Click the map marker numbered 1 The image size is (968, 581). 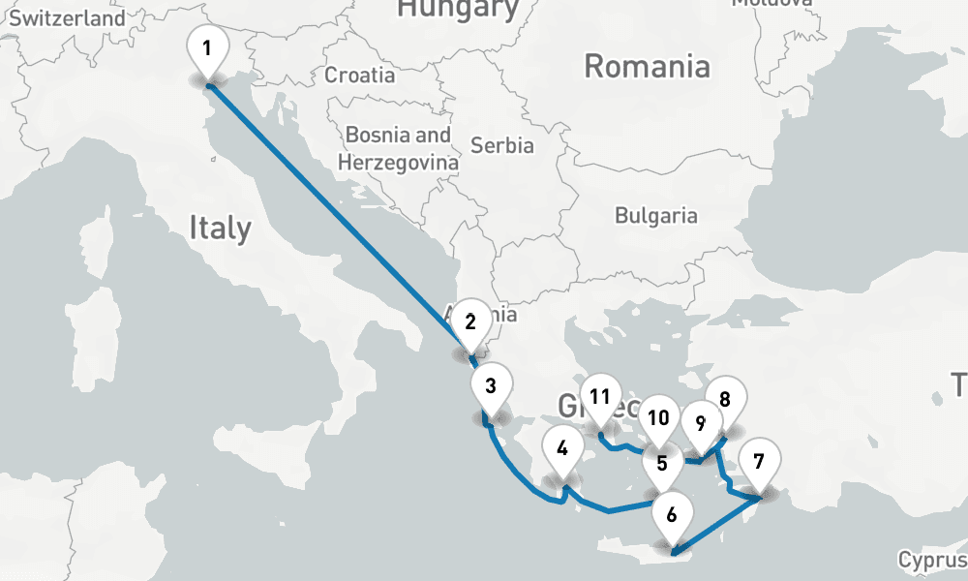pyautogui.click(x=208, y=48)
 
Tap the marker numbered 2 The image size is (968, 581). pyautogui.click(x=470, y=321)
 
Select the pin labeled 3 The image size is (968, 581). pyautogui.click(x=491, y=386)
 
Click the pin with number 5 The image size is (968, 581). pyautogui.click(x=662, y=462)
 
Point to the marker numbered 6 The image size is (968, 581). pyautogui.click(x=672, y=513)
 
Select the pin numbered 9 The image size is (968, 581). pyautogui.click(x=701, y=422)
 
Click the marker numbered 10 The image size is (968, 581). pyautogui.click(x=659, y=418)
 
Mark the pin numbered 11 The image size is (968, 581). pyautogui.click(x=600, y=395)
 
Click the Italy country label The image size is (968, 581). pyautogui.click(x=220, y=229)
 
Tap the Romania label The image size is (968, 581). pyautogui.click(x=647, y=66)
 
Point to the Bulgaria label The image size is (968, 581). pyautogui.click(x=656, y=215)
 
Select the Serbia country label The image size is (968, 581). pyautogui.click(x=501, y=145)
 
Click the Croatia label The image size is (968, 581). pyautogui.click(x=359, y=75)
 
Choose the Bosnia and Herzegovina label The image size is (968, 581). pyautogui.click(x=399, y=149)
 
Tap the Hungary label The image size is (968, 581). pyautogui.click(x=458, y=9)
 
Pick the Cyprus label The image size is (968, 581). pyautogui.click(x=932, y=560)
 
